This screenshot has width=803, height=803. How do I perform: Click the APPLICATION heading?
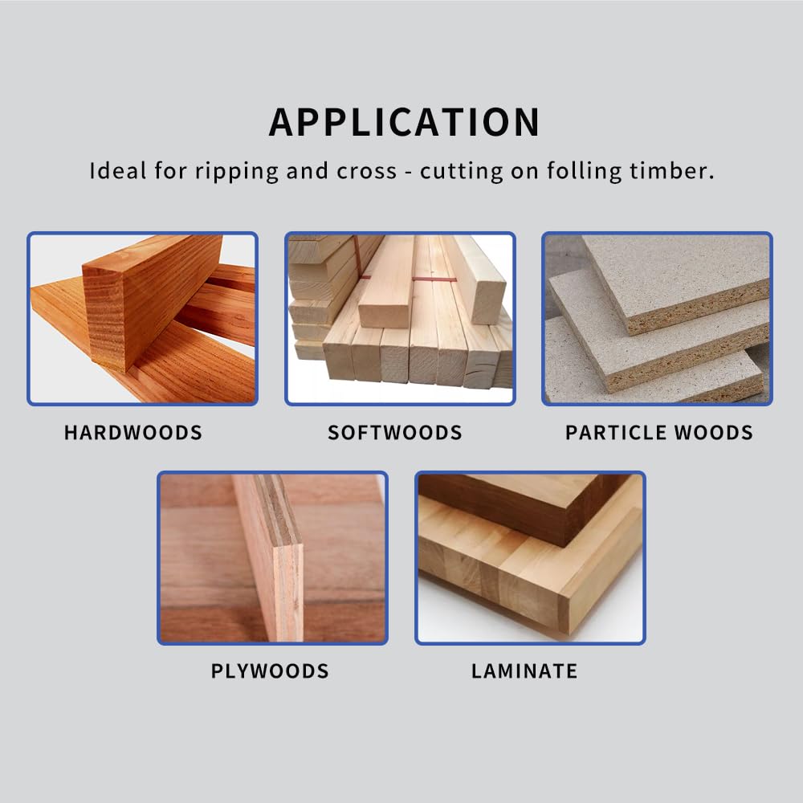click(x=404, y=122)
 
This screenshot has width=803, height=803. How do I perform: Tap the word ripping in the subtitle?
click(x=237, y=172)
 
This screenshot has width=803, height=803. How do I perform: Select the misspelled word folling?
click(x=585, y=172)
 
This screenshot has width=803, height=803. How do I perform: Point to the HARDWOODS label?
click(x=133, y=433)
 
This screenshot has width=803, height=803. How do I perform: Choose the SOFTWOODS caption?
click(x=395, y=433)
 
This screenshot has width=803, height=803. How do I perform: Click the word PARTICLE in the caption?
click(x=616, y=433)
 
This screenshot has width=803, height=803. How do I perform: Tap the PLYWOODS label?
click(x=270, y=671)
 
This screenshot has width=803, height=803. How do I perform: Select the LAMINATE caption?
click(x=524, y=671)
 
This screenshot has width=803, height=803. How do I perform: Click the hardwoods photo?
click(x=142, y=319)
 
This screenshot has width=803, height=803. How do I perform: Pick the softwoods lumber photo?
click(x=400, y=319)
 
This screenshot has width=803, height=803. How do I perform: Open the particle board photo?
click(x=657, y=319)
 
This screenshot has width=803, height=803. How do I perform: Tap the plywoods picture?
click(x=272, y=558)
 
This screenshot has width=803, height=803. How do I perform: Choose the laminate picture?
click(x=530, y=558)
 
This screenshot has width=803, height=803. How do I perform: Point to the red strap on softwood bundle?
click(x=434, y=279)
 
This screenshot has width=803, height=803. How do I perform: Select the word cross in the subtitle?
click(x=366, y=172)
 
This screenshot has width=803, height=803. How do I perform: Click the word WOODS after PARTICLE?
click(x=713, y=433)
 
